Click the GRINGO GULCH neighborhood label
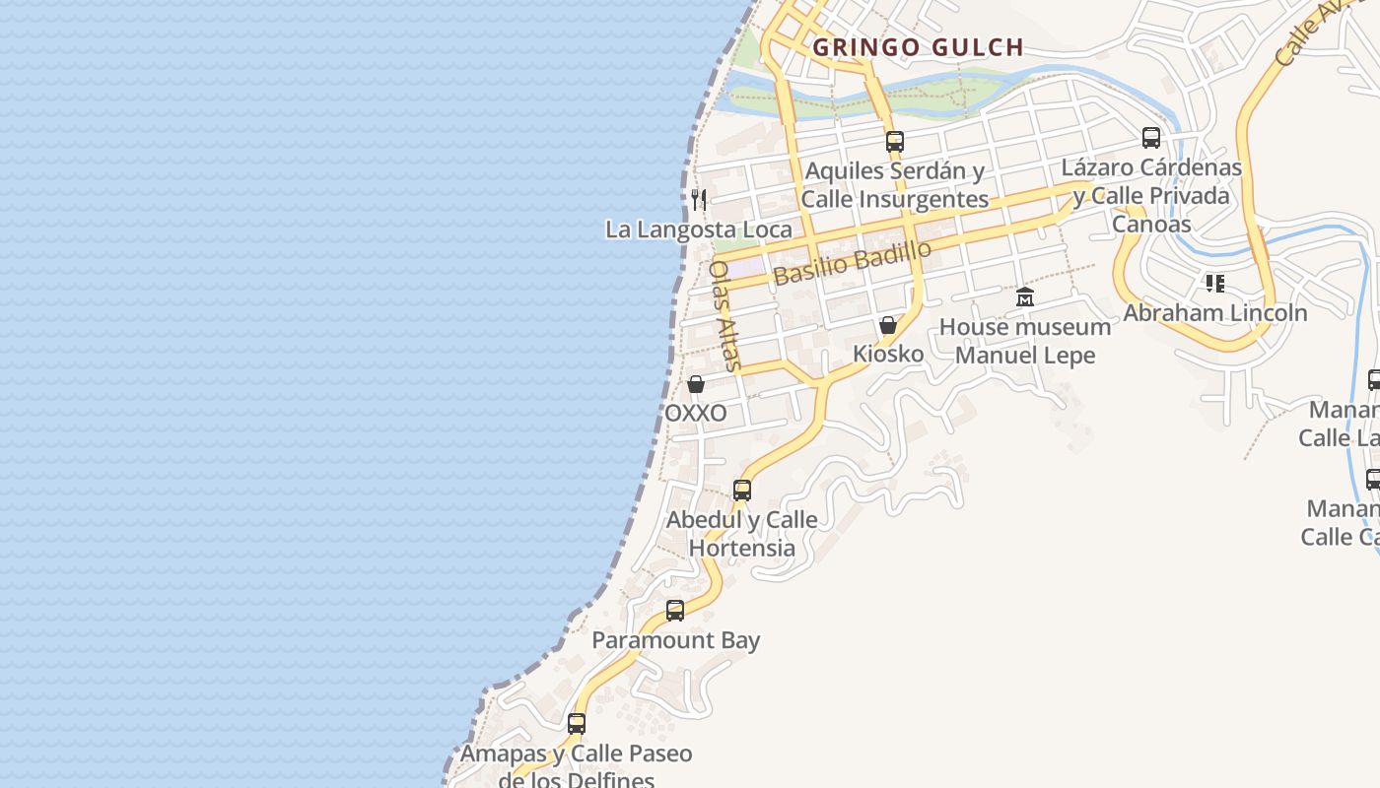click(x=918, y=46)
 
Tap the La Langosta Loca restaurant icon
click(x=699, y=200)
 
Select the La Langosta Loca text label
click(x=698, y=230)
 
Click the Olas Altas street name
click(x=724, y=315)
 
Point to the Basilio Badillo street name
click(x=853, y=263)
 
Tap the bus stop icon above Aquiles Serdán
click(x=894, y=141)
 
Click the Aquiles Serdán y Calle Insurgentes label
click(x=894, y=185)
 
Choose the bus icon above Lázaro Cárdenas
click(x=1150, y=138)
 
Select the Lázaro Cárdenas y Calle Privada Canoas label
click(x=1151, y=195)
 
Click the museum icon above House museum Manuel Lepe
click(x=1025, y=296)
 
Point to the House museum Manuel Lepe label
click(x=1025, y=341)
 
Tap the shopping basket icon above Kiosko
click(x=888, y=325)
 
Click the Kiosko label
click(x=888, y=354)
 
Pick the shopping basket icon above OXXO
click(x=696, y=384)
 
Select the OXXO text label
click(x=696, y=413)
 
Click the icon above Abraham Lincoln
click(x=1214, y=284)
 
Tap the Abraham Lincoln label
click(x=1215, y=313)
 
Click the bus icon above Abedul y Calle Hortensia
click(x=741, y=490)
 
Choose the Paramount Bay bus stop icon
click(x=675, y=611)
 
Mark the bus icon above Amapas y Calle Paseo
click(x=577, y=724)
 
